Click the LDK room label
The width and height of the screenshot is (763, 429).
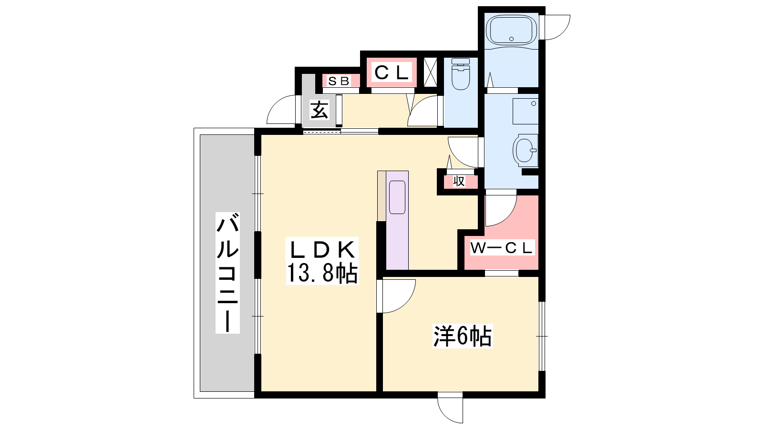pos(322,250)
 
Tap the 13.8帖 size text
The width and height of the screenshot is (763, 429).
pos(322,273)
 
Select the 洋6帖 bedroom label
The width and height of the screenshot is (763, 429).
pos(463,337)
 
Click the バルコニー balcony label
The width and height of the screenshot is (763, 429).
pos(227,272)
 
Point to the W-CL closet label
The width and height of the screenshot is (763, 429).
pos(501,248)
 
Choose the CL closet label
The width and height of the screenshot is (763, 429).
pos(392,72)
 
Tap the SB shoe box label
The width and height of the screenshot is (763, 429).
pos(339,81)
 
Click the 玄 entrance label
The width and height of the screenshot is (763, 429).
pos(320,110)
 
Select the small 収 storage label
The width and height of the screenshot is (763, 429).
pos(459,182)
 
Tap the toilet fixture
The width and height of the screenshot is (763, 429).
pos(461,74)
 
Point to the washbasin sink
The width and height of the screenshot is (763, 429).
pos(525,150)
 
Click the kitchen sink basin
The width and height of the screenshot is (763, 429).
pos(397,197)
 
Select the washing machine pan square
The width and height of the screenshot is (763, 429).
pos(526,112)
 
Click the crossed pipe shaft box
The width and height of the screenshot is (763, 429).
pos(430,72)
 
